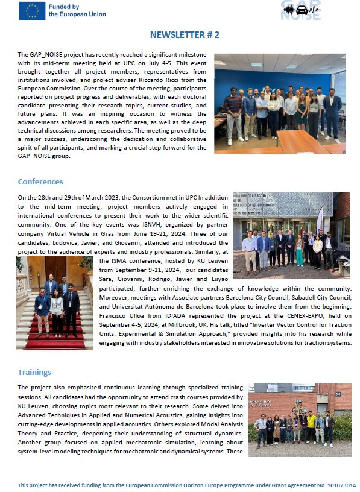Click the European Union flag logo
(x=32, y=11)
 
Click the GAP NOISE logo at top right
(x=301, y=10)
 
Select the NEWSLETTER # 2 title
(x=185, y=35)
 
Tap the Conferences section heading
(x=40, y=181)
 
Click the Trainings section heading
(x=34, y=372)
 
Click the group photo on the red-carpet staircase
(x=55, y=303)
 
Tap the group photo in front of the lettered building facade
(x=291, y=235)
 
